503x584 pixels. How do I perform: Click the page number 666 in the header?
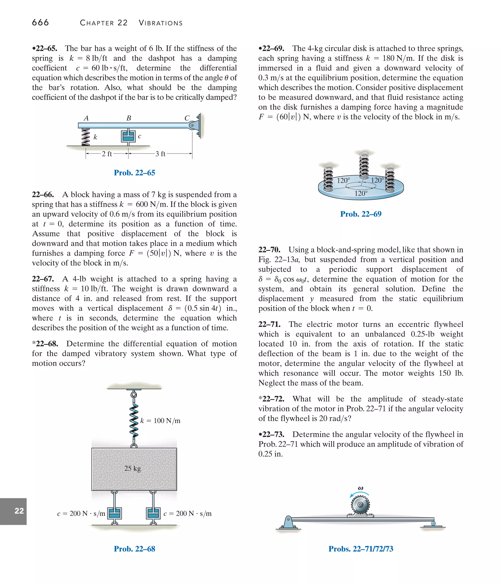coord(40,22)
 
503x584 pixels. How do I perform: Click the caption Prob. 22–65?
coord(134,172)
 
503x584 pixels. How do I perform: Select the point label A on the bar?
coord(86,118)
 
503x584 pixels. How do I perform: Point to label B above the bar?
coord(129,118)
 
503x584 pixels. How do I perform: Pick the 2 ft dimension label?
coord(107,154)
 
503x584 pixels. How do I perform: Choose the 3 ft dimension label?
coord(160,154)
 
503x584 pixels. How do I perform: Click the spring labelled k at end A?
coord(85,137)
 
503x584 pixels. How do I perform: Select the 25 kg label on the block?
coord(132,468)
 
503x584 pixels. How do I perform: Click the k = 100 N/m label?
coord(160,421)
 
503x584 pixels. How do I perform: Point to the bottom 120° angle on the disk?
coord(361,193)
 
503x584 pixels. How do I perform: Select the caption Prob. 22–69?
coord(361,214)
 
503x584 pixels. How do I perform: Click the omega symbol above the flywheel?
coord(360,488)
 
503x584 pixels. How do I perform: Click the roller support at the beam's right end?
coord(433,524)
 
